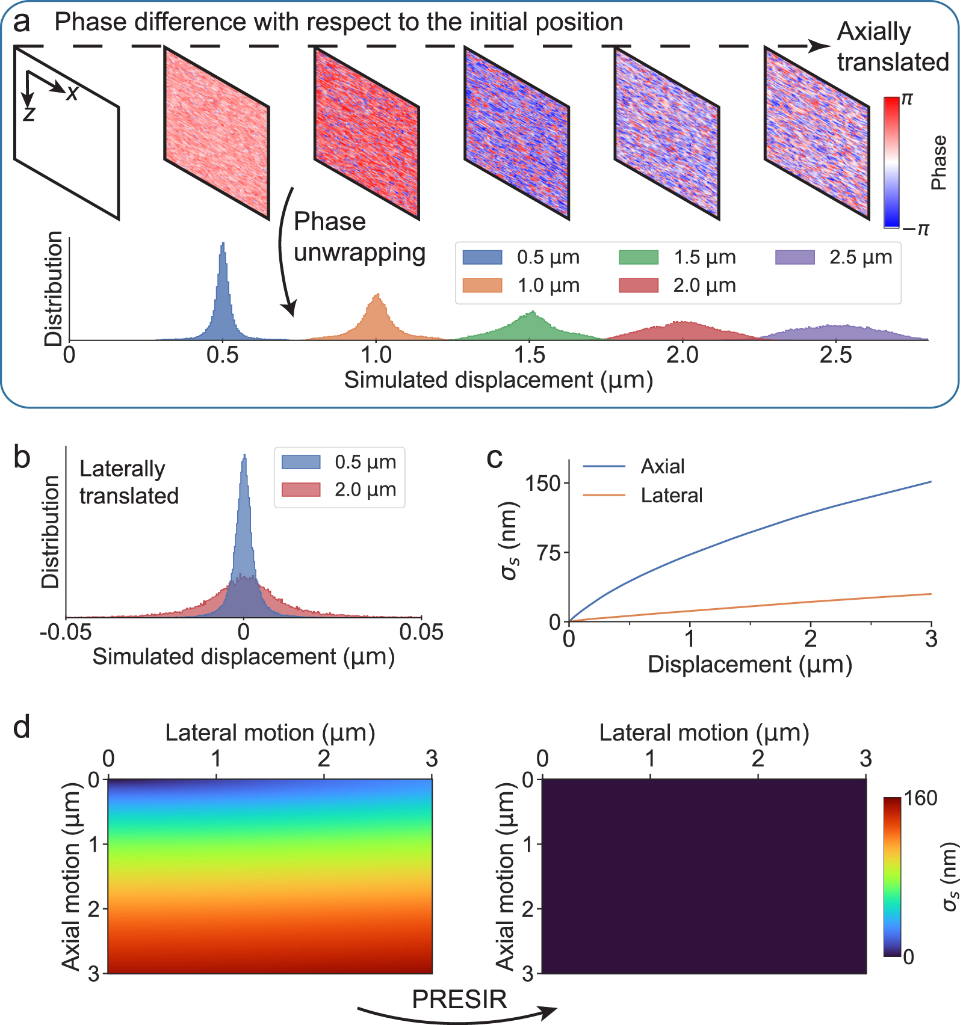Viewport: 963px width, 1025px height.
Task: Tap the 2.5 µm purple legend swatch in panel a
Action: coord(794,257)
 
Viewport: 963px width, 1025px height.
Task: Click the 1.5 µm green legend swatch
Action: coord(639,257)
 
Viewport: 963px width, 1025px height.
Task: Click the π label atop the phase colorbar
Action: coord(907,100)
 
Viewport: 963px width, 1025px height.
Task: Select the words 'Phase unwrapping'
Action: coord(359,237)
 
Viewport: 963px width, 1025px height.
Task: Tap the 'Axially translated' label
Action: coord(892,47)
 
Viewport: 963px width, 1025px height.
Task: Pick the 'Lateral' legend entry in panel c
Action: coord(671,495)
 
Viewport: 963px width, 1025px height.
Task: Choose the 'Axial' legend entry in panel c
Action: coord(662,466)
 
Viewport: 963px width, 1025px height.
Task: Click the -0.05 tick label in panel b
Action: coord(66,633)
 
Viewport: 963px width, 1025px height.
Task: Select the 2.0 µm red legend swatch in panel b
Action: coord(301,490)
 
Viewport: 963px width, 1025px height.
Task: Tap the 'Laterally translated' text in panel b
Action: coord(129,482)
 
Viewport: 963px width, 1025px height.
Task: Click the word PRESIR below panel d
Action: coord(459,999)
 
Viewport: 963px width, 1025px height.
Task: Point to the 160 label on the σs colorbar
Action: coord(920,798)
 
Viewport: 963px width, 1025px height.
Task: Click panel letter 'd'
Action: coord(22,728)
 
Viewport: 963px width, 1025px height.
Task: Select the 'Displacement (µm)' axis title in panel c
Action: coord(750,665)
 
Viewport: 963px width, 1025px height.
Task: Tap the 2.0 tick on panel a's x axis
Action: coord(683,356)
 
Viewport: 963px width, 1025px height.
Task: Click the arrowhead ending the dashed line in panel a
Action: coord(819,46)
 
